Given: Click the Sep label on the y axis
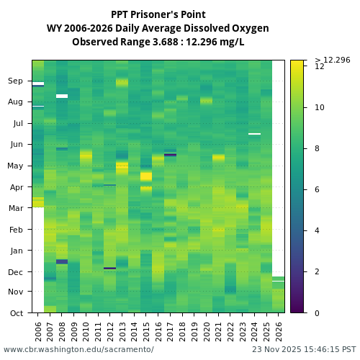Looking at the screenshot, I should [16, 81].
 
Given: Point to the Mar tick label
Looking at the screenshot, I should [16, 209].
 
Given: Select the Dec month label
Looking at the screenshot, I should [16, 272].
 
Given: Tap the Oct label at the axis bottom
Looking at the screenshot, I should [16, 313].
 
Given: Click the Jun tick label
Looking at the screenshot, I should [16, 145].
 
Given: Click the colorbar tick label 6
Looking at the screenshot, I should [319, 189].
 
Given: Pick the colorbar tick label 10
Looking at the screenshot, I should [319, 107].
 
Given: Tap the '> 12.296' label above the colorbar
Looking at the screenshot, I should [333, 60].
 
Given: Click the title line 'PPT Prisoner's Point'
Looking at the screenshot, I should [158, 14].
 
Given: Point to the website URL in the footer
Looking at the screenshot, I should [78, 349].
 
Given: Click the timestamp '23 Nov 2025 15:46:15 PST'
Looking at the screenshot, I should [304, 349].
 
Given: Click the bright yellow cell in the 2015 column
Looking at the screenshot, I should [146, 176].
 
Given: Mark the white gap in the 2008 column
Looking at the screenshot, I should [62, 96].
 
